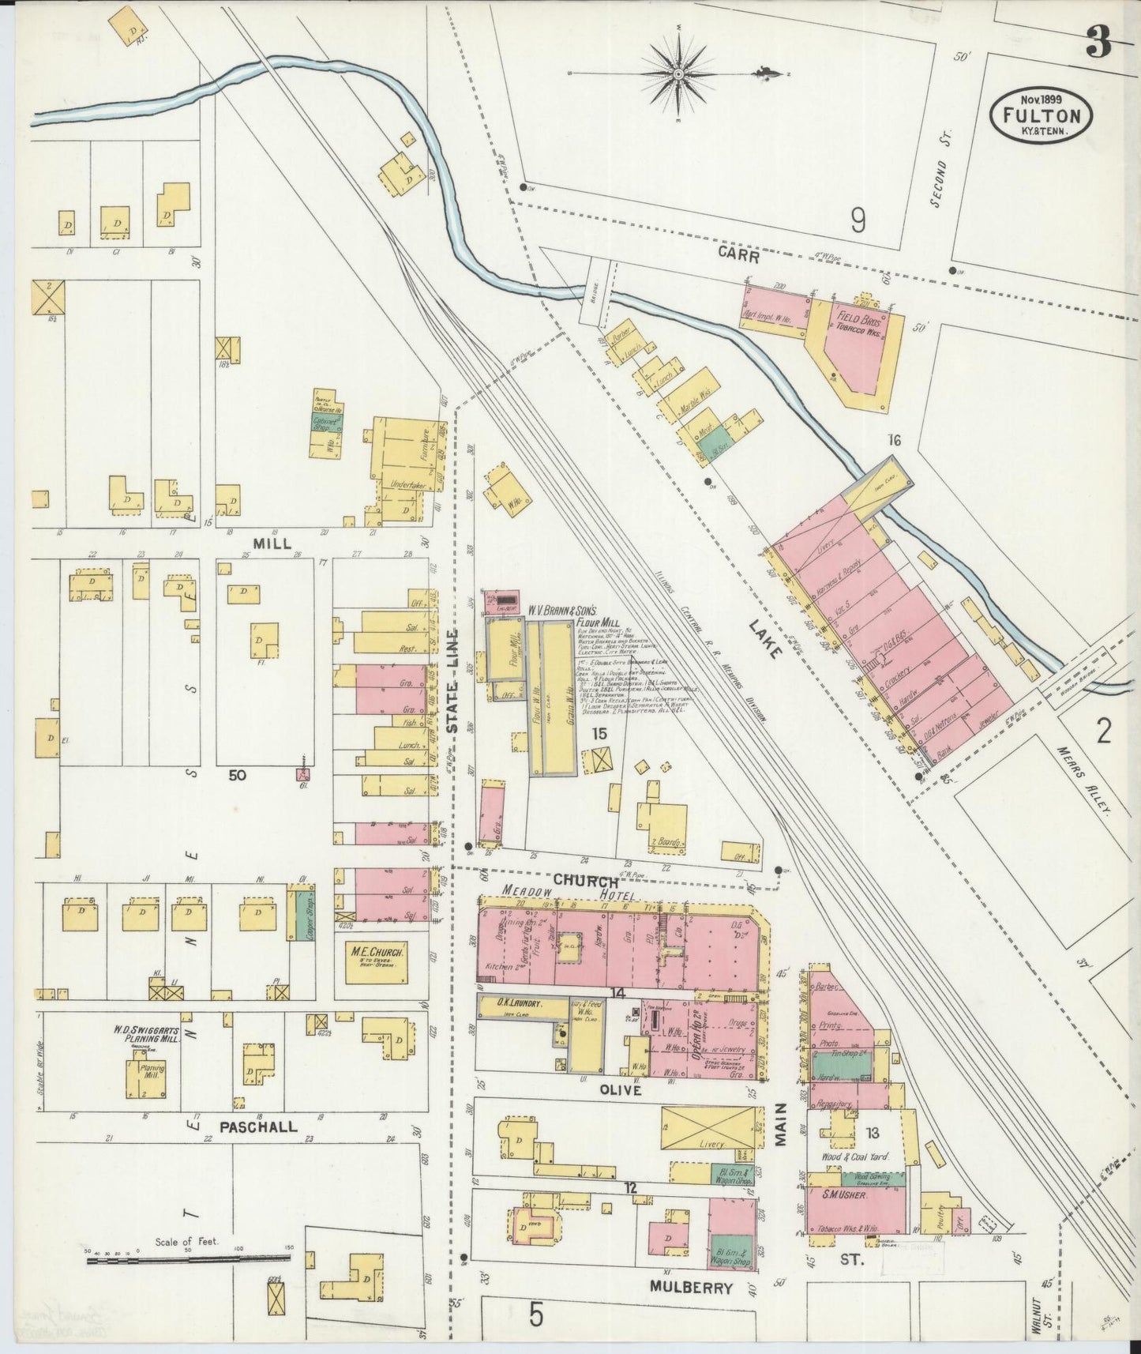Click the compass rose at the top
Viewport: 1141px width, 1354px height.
pyautogui.click(x=678, y=74)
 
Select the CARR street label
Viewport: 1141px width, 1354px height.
pyautogui.click(x=738, y=254)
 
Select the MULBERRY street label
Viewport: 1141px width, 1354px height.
pyautogui.click(x=691, y=1288)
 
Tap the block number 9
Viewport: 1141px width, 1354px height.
pyautogui.click(x=858, y=220)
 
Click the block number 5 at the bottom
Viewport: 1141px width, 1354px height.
pyautogui.click(x=536, y=1317)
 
